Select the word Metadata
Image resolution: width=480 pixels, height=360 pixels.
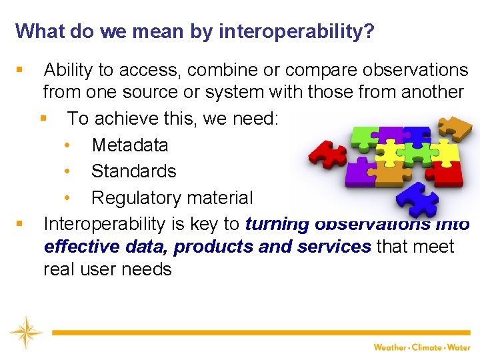click(x=130, y=145)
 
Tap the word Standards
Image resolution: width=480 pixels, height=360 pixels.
click(x=133, y=171)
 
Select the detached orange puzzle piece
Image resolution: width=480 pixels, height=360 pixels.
click(x=457, y=127)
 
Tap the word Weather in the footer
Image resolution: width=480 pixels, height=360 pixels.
click(x=389, y=347)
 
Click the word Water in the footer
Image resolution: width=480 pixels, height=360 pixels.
click(x=459, y=347)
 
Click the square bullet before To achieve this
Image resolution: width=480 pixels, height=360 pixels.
click(x=43, y=119)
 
